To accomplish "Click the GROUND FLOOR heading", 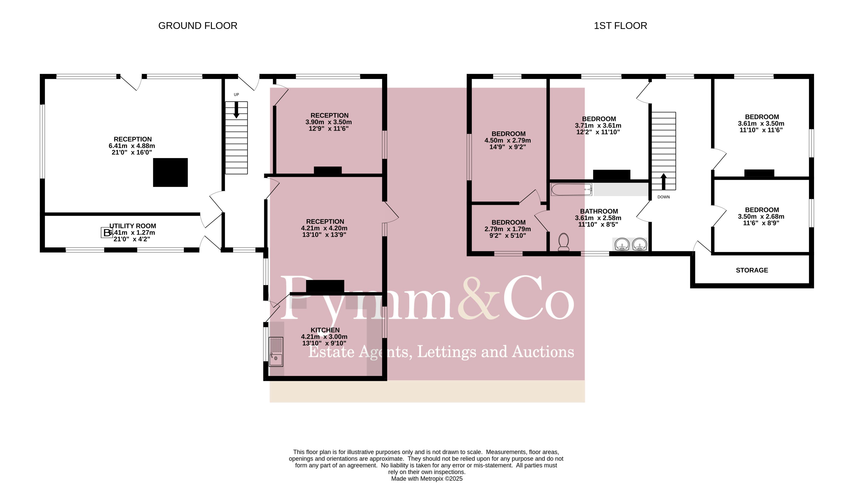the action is click(x=198, y=26).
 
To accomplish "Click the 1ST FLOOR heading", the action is click(x=620, y=26).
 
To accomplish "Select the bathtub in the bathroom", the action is click(x=571, y=190).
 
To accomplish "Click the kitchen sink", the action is click(x=276, y=352).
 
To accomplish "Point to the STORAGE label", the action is click(x=752, y=270).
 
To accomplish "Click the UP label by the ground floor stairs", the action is click(x=236, y=95).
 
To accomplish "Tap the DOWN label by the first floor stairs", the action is click(x=663, y=197).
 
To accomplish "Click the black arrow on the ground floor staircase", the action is click(x=236, y=110).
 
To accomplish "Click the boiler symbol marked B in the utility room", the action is click(x=107, y=232).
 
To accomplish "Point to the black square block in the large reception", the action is click(x=170, y=172).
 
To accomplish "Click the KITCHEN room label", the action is click(x=325, y=330).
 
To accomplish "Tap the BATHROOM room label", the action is click(x=599, y=211).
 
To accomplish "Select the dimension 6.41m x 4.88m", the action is click(x=132, y=146).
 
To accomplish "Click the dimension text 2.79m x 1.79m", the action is click(x=507, y=229).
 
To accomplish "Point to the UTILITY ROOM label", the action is click(x=132, y=226).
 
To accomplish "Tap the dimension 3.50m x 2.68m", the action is click(x=761, y=217).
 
